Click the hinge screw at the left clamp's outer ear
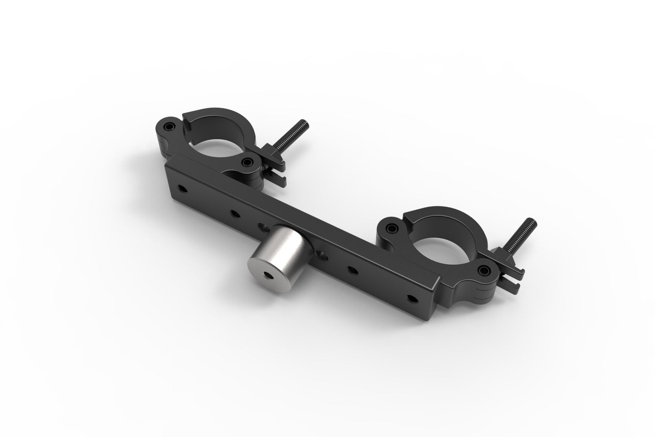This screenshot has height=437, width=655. coord(170,126)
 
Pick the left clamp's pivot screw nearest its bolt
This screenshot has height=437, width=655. coord(247,162)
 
